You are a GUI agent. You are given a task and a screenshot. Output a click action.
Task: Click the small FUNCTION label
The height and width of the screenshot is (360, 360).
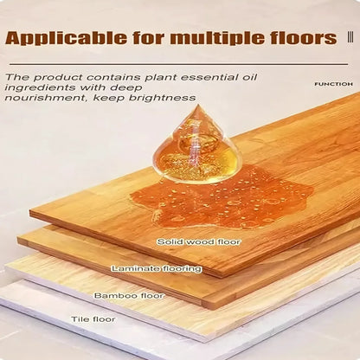pos(333,84)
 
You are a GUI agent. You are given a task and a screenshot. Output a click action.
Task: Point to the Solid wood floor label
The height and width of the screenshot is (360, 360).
pos(198,241)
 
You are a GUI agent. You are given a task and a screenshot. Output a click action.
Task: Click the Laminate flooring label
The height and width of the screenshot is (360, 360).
pos(157,269)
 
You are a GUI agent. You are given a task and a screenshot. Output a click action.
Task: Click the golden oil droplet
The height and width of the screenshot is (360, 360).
pos(196,147)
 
